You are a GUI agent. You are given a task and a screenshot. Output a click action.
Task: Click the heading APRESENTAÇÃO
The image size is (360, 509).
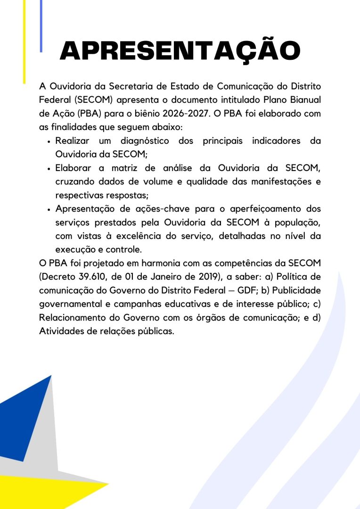(x=180, y=51)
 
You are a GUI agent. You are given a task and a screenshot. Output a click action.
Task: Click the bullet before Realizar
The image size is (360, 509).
(x=49, y=141)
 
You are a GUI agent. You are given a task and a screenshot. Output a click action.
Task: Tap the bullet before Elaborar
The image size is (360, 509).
(x=49, y=169)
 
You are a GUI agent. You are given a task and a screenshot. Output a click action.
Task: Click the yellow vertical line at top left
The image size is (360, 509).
(x=25, y=42)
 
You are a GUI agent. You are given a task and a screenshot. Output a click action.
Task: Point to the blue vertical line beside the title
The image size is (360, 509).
(x=41, y=26)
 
